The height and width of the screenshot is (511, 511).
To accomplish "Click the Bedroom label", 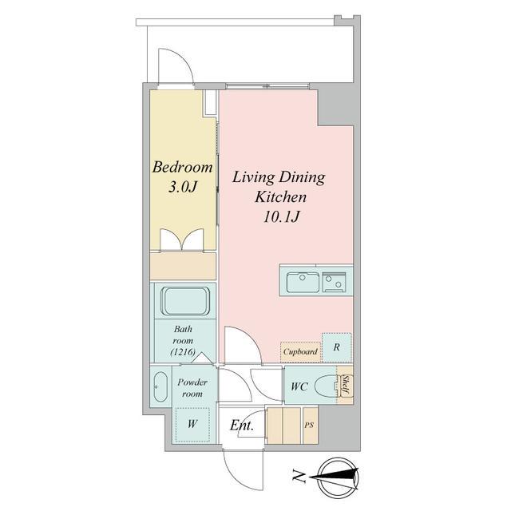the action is point(183,167).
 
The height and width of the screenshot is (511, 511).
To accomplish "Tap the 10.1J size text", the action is point(281,216).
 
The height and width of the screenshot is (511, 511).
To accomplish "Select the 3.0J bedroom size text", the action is point(183,187).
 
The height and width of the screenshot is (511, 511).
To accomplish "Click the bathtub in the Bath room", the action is point(185,301).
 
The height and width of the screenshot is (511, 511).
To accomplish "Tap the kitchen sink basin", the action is point(303,282).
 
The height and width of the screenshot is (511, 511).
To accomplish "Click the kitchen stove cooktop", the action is point(334,282).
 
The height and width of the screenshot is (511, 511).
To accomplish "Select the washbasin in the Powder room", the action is point(160,386).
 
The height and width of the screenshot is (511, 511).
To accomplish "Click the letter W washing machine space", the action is point(192,424).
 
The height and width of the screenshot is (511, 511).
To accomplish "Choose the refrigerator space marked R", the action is point(337,347).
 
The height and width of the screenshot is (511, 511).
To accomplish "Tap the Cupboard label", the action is point(300,351).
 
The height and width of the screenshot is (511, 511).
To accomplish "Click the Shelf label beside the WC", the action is point(346,386).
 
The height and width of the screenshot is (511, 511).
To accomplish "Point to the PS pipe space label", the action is point(309,426).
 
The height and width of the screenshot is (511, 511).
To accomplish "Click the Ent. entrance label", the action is point(241,426).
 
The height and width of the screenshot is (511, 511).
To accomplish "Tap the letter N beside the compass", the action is point(298,476).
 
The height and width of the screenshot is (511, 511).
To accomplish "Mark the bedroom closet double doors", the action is point(182,240).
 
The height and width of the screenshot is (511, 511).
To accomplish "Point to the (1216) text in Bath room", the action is point(183,352).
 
